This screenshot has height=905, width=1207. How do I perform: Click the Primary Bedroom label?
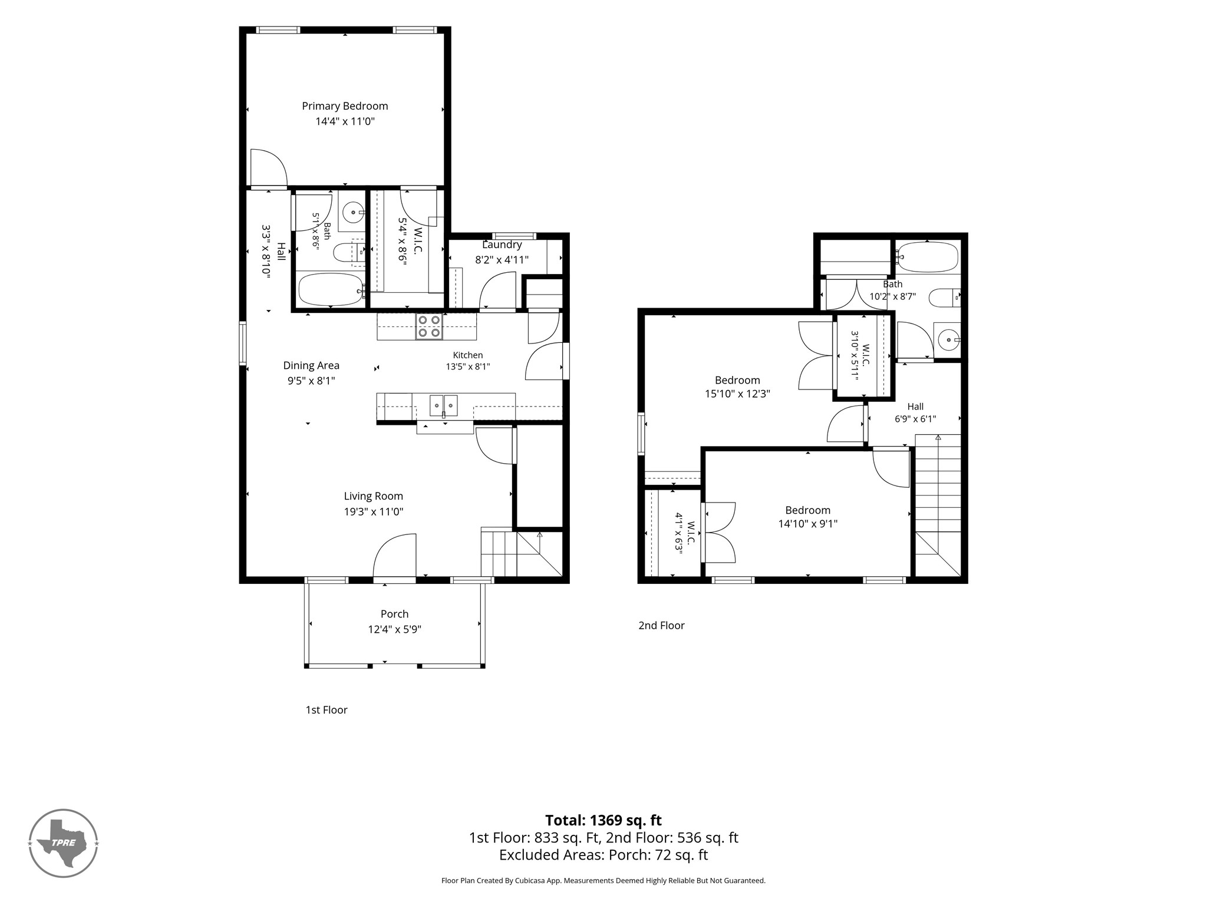pos(345,106)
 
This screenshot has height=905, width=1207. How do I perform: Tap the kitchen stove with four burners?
pos(429,326)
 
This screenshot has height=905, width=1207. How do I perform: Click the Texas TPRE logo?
pos(63,843)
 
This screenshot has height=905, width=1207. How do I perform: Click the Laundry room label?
pos(502,245)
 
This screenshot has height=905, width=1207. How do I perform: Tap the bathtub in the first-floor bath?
pos(331,289)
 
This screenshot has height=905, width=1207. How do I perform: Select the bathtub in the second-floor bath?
pos(927,257)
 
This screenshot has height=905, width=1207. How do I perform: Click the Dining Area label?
pos(311,365)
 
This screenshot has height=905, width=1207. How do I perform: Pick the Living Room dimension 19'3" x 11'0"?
pos(374,512)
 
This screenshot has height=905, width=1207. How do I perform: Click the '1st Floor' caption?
pos(327,710)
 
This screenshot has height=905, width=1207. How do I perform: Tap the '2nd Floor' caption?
pos(661,625)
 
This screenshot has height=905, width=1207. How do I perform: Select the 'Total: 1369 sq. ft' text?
pos(603,820)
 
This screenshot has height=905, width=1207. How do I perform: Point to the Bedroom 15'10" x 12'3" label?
pos(737,387)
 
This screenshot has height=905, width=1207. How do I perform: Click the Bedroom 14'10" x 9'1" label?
pos(807,517)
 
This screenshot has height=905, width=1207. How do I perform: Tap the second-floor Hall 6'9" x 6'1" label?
pos(915,412)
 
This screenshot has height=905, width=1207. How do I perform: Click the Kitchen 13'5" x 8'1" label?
pos(468,361)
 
